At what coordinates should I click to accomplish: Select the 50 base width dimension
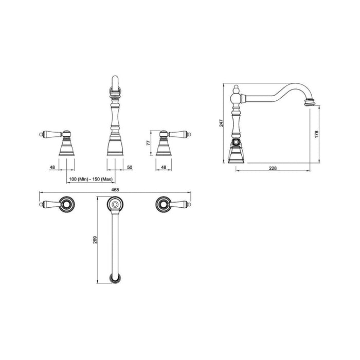tap(130, 168)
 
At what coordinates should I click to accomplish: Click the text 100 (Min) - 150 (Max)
tap(91, 178)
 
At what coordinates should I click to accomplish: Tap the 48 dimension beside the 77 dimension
tap(164, 168)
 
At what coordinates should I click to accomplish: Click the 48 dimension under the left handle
tap(52, 168)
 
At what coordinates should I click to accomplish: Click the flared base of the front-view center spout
tap(115, 148)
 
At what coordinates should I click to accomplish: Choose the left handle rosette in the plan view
tap(67, 205)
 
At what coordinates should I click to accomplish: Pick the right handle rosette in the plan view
tap(163, 205)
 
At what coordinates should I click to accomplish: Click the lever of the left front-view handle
tap(50, 135)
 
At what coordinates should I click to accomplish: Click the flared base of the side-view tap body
tap(236, 153)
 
